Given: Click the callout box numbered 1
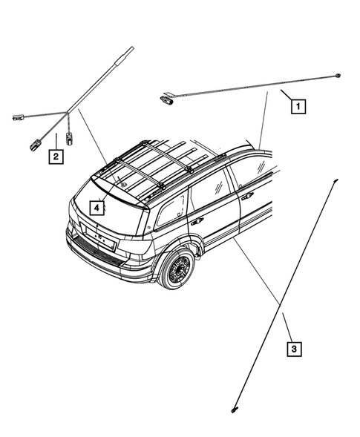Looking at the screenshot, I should point(298,106).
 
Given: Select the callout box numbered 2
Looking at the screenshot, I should point(55,156).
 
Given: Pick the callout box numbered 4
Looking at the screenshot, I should point(97,208).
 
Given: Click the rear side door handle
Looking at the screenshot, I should point(198,220).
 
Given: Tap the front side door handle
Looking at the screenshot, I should point(246,196).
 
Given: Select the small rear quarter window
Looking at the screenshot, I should point(171,210).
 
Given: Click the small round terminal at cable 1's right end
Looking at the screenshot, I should point(338,75).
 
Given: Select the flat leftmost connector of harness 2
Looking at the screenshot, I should point(16,116).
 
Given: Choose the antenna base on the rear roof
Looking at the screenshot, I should point(124,179).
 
